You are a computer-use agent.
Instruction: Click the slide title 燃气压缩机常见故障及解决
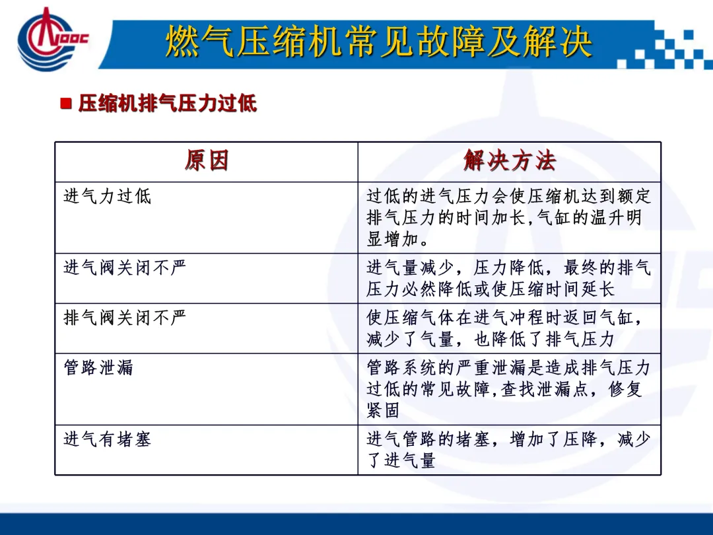click(x=379, y=42)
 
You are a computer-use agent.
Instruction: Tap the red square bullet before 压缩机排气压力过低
click(x=66, y=103)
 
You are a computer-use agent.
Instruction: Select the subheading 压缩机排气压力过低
click(x=167, y=103)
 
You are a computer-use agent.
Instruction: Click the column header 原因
click(x=207, y=160)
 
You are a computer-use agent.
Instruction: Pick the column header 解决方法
click(x=510, y=160)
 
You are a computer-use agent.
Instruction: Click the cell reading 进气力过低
click(x=108, y=197)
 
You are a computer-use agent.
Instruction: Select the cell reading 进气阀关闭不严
click(x=125, y=267)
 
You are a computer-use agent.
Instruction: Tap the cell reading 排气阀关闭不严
click(x=125, y=318)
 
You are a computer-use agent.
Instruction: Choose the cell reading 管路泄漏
click(x=98, y=368)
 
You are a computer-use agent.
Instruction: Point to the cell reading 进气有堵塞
click(x=108, y=439)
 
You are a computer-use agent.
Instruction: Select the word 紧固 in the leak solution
click(x=383, y=410)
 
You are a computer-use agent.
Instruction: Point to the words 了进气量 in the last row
click(x=401, y=460)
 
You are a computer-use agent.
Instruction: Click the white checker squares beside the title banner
click(x=665, y=48)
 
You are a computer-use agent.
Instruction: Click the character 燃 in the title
click(x=182, y=42)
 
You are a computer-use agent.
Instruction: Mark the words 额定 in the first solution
click(x=634, y=197)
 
